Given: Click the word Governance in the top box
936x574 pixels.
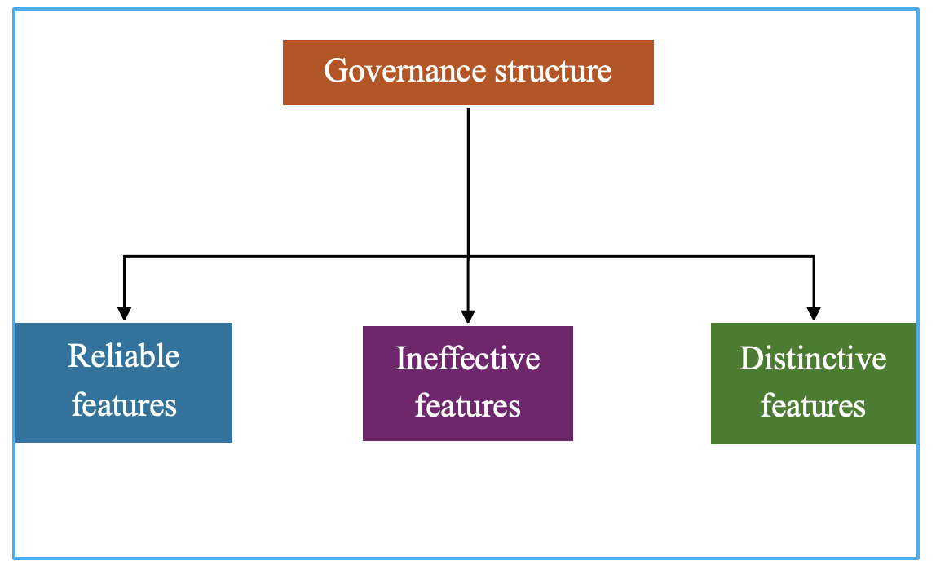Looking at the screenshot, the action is click(x=404, y=71).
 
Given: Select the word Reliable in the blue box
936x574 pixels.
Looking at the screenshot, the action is click(x=124, y=356).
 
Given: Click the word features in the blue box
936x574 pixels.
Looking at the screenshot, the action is click(x=124, y=404).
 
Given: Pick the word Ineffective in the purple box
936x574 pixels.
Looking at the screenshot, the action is click(x=468, y=359).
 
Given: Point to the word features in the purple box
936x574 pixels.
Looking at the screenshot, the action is click(x=468, y=406).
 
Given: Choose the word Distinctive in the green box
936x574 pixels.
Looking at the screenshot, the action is click(x=813, y=359).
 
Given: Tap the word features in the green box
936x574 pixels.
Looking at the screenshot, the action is click(x=813, y=406).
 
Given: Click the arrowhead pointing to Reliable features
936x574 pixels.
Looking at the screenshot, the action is click(x=124, y=314).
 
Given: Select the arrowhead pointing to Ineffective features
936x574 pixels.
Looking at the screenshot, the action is click(x=468, y=317).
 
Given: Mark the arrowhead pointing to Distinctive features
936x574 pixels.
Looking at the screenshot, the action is click(x=814, y=314).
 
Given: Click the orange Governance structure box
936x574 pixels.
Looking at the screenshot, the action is click(x=468, y=73).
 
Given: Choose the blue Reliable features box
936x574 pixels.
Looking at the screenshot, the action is click(x=124, y=383).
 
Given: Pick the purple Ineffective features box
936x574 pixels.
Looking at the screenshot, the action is click(x=468, y=384).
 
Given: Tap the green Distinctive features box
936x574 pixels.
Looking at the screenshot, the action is click(x=813, y=384).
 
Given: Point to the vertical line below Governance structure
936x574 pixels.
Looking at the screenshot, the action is click(x=468, y=183).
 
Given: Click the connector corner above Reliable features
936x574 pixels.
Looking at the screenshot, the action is click(x=124, y=257).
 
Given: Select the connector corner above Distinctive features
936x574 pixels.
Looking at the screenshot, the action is click(x=814, y=257).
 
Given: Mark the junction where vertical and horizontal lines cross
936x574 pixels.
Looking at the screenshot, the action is click(x=468, y=257).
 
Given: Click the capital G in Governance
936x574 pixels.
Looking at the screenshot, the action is click(x=335, y=70).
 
